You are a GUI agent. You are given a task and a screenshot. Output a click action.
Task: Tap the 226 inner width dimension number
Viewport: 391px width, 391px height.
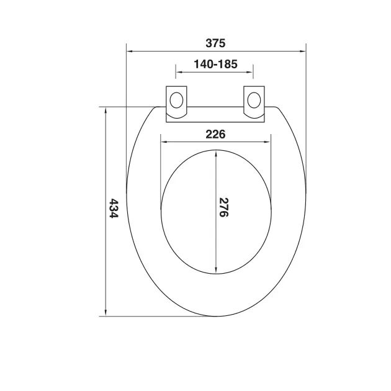pyautogui.click(x=215, y=133)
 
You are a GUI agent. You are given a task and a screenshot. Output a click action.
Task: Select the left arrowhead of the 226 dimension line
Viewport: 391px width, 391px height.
pyautogui.click(x=164, y=142)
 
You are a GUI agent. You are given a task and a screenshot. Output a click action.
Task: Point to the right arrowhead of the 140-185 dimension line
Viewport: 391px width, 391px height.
pyautogui.click(x=251, y=72)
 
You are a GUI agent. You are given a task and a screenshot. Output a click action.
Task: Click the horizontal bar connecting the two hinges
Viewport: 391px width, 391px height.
pyautogui.click(x=215, y=113)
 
